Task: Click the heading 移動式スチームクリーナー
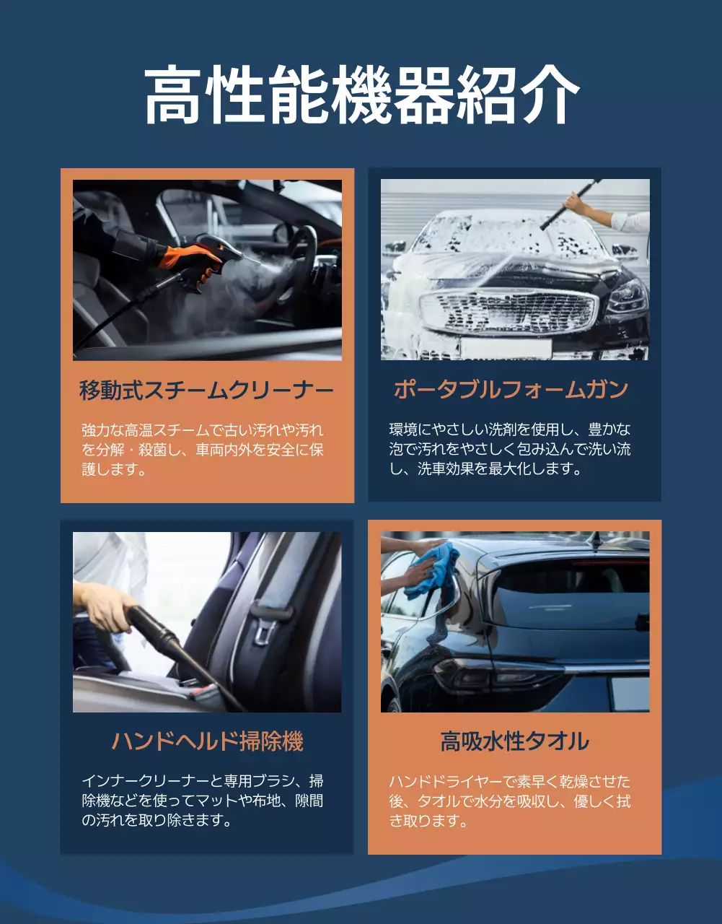(x=206, y=391)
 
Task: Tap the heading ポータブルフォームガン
(x=511, y=390)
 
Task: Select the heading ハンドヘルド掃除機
(x=207, y=741)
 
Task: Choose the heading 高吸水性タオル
(x=514, y=741)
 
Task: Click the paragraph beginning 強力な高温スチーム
(x=203, y=450)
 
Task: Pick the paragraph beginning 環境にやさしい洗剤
(x=510, y=449)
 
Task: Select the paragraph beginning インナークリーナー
(x=203, y=801)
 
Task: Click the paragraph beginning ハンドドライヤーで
(x=510, y=801)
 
